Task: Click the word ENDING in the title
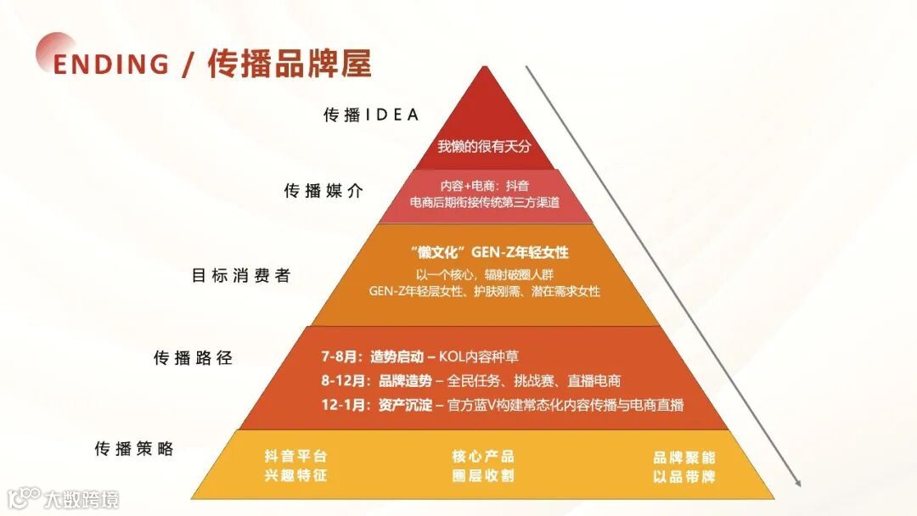coord(110,64)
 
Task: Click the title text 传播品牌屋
coord(290,64)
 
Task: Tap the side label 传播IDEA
coord(371,115)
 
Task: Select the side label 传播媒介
coord(323,191)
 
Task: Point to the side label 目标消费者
coord(241,276)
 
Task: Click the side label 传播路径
coord(193,357)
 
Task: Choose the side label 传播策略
coord(134,449)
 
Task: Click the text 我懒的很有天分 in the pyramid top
coord(484,146)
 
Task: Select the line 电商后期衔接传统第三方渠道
coord(484,203)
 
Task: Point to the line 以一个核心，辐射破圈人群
coord(484,273)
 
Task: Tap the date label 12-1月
coord(343,405)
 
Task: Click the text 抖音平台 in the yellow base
coord(295,457)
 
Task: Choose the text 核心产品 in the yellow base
coord(483,457)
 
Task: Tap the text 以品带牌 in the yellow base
coord(684,476)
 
